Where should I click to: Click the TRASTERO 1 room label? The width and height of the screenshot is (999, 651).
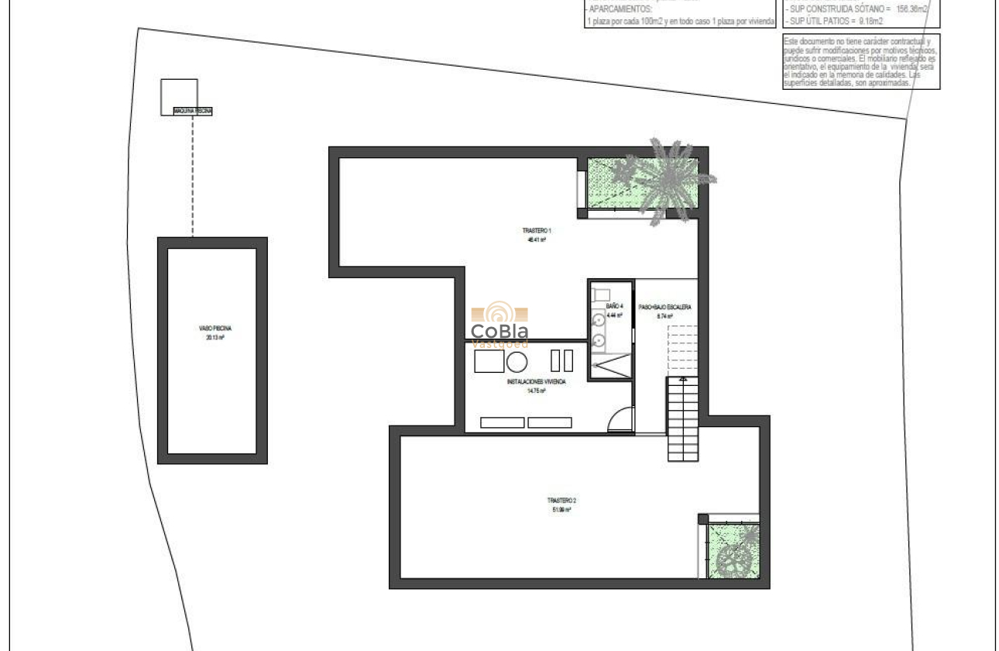tap(536, 231)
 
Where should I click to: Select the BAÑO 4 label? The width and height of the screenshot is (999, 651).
tap(614, 307)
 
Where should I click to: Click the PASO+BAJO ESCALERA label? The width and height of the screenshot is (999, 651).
tap(664, 307)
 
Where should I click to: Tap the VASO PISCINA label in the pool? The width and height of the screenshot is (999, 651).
tap(215, 329)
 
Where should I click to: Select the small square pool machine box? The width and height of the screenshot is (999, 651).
tap(179, 97)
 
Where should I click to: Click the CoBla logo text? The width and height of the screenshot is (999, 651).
tap(499, 332)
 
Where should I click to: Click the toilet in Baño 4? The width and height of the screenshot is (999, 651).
tap(601, 294)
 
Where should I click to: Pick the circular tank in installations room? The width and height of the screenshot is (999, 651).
tap(517, 361)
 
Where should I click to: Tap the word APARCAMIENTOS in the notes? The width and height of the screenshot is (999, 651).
tap(620, 9)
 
